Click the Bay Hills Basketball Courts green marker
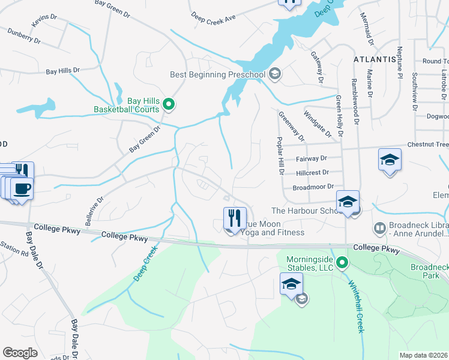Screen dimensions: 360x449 (x=169, y=105)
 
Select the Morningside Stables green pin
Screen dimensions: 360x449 (x=342, y=262)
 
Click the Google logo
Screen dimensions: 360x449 (x=20, y=353)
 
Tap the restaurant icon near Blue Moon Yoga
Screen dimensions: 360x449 (x=233, y=217)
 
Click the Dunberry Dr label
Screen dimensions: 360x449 (x=24, y=38)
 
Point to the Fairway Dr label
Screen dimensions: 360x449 (x=312, y=158)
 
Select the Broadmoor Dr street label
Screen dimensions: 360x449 (x=313, y=187)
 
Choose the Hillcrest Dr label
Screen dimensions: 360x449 (x=313, y=172)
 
